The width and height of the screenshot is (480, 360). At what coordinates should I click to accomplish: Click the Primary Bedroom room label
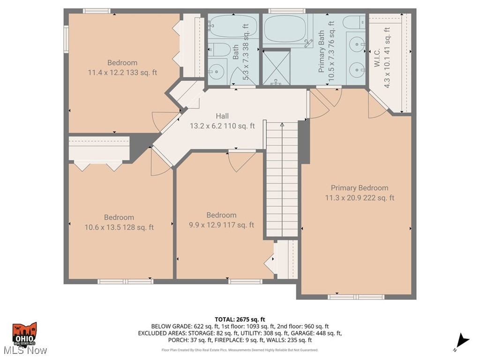pos(360,187)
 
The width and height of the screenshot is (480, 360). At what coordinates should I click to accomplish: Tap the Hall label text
pos(222,116)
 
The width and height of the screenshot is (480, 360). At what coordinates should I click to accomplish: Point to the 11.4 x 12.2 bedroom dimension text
pos(122,73)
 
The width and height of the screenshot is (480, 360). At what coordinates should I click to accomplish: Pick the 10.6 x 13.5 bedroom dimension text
pos(119,227)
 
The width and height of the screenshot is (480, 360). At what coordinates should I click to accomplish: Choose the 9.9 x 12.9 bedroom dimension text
pos(221,225)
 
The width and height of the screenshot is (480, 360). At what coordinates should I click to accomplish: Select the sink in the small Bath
pos(217,72)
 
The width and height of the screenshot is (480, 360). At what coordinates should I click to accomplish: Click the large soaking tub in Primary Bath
pos(285,29)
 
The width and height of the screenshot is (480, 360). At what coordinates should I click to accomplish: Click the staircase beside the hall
pos(282,178)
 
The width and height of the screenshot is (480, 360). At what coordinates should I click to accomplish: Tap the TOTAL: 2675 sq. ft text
pos(240,319)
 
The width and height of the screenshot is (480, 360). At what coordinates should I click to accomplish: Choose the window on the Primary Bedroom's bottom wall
pos(356,297)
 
